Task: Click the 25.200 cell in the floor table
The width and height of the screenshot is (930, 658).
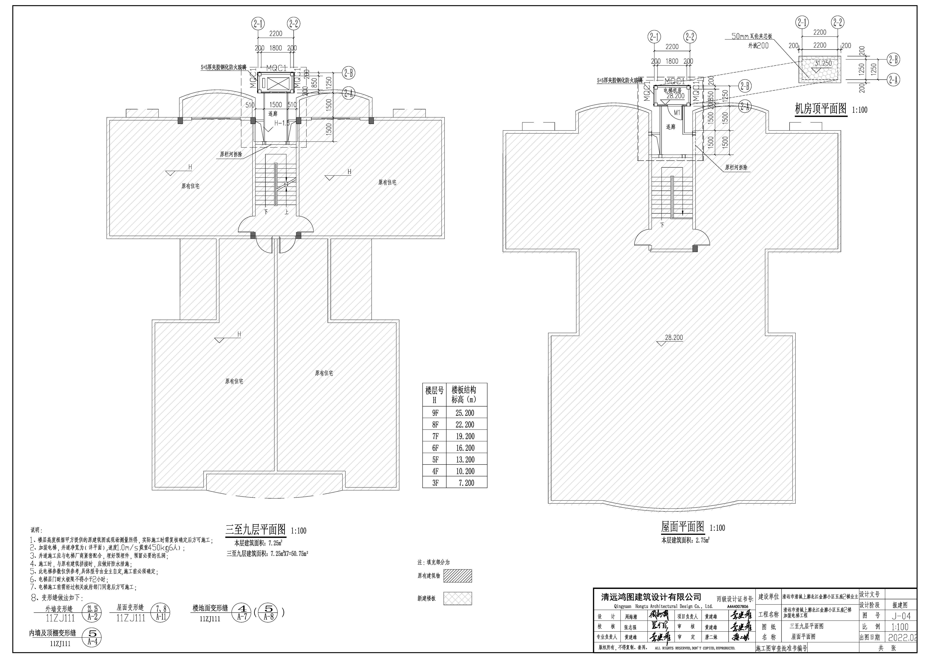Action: [x=465, y=413]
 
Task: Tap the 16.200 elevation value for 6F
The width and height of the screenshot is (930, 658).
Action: [x=465, y=448]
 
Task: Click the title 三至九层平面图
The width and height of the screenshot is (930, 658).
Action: [x=256, y=530]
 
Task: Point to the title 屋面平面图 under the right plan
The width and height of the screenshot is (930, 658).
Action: [x=682, y=527]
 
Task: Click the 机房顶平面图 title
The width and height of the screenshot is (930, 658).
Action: [x=821, y=109]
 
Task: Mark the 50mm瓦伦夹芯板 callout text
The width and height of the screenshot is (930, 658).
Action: [x=752, y=37]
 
